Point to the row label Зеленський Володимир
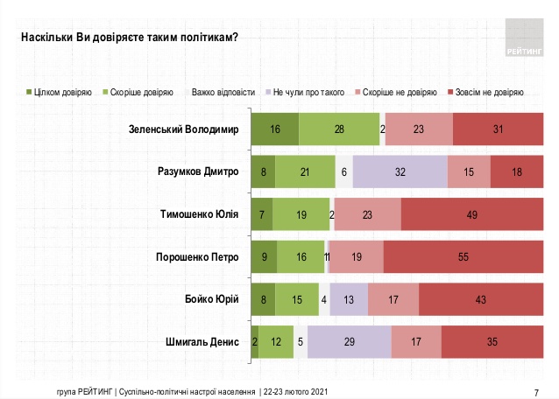pyautogui.click(x=181, y=129)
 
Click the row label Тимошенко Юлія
pyautogui.click(x=200, y=213)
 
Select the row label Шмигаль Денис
pyautogui.click(x=202, y=341)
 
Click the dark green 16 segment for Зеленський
pyautogui.click(x=274, y=129)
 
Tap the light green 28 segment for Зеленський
pyautogui.click(x=339, y=129)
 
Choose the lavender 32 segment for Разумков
pyautogui.click(x=400, y=171)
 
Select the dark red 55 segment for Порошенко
pyautogui.click(x=463, y=256)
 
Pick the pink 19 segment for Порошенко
pyautogui.click(x=356, y=256)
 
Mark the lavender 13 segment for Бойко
pyautogui.click(x=349, y=298)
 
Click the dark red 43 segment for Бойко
pyautogui.click(x=481, y=298)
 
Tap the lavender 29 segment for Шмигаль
pyautogui.click(x=349, y=341)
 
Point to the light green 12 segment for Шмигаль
pyautogui.click(x=275, y=341)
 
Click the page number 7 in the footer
pyautogui.click(x=535, y=390)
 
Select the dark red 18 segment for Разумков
pyautogui.click(x=517, y=171)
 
